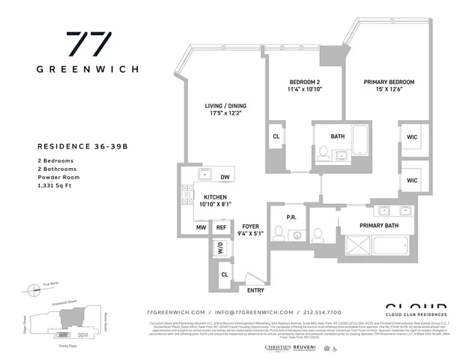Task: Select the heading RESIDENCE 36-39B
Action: click(83, 147)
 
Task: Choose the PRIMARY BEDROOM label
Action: click(389, 82)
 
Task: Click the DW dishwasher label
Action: click(224, 178)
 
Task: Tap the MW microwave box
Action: click(201, 227)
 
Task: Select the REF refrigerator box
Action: click(221, 227)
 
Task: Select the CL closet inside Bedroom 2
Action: click(276, 137)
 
